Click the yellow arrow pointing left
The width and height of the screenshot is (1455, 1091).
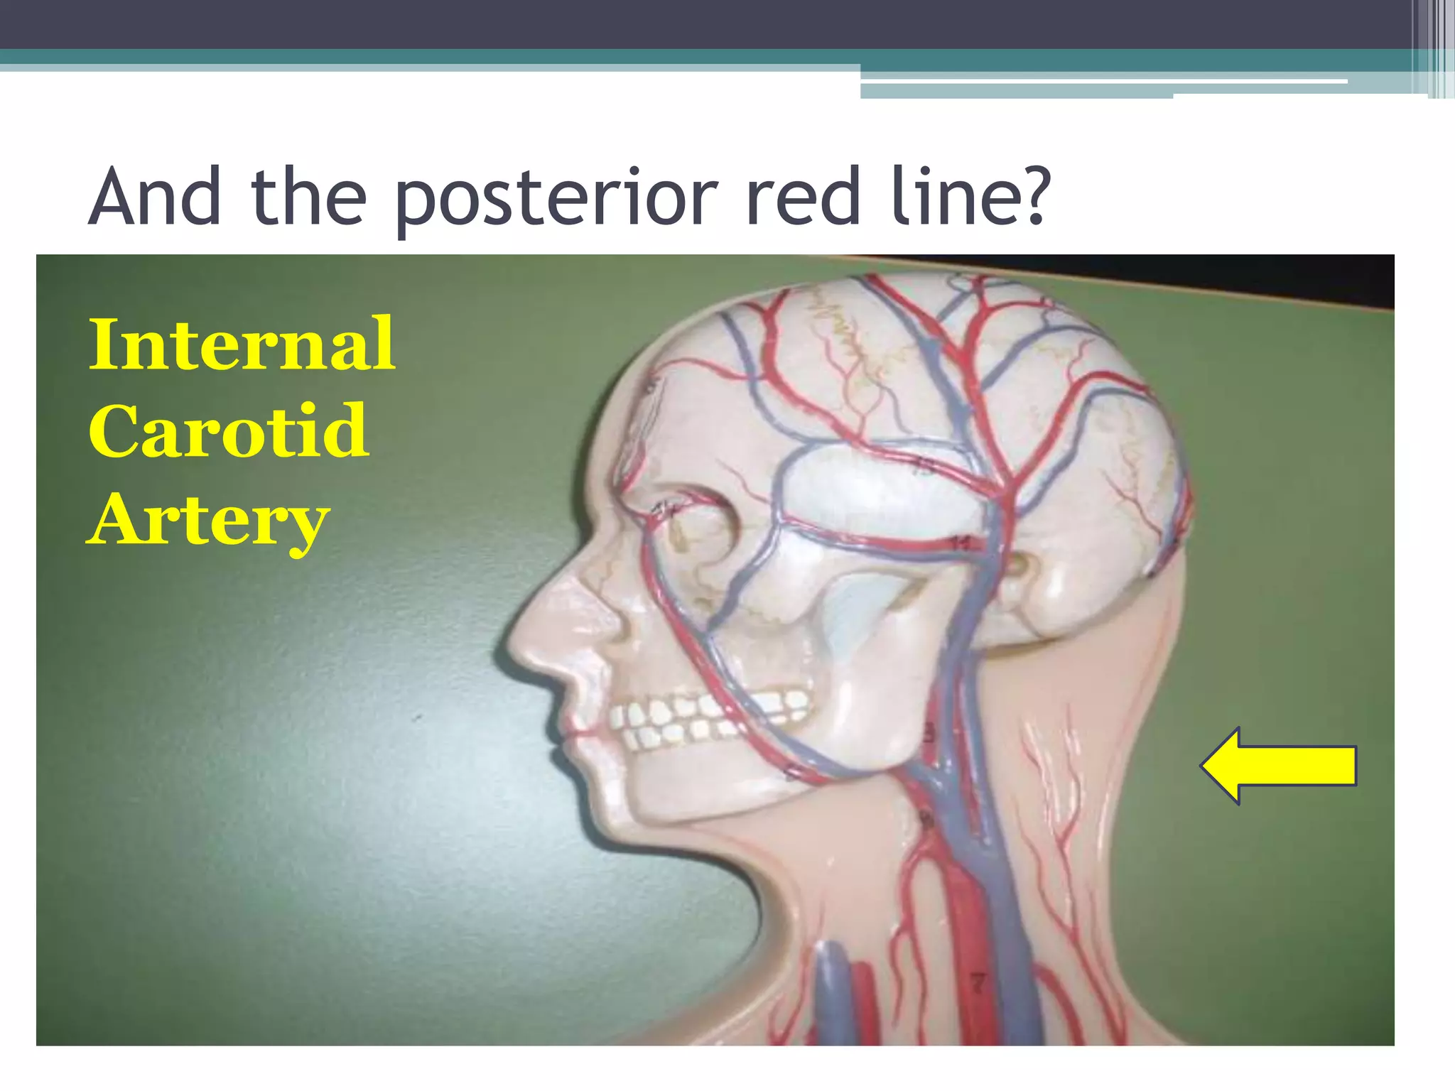(1279, 766)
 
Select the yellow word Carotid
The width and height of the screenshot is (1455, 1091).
(229, 431)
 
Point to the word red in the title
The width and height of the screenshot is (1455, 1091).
(803, 195)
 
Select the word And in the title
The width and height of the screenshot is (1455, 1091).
(155, 195)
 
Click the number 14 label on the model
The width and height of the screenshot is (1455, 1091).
(961, 543)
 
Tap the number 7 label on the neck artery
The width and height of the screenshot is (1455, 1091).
(978, 984)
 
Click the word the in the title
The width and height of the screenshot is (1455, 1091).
(308, 195)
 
